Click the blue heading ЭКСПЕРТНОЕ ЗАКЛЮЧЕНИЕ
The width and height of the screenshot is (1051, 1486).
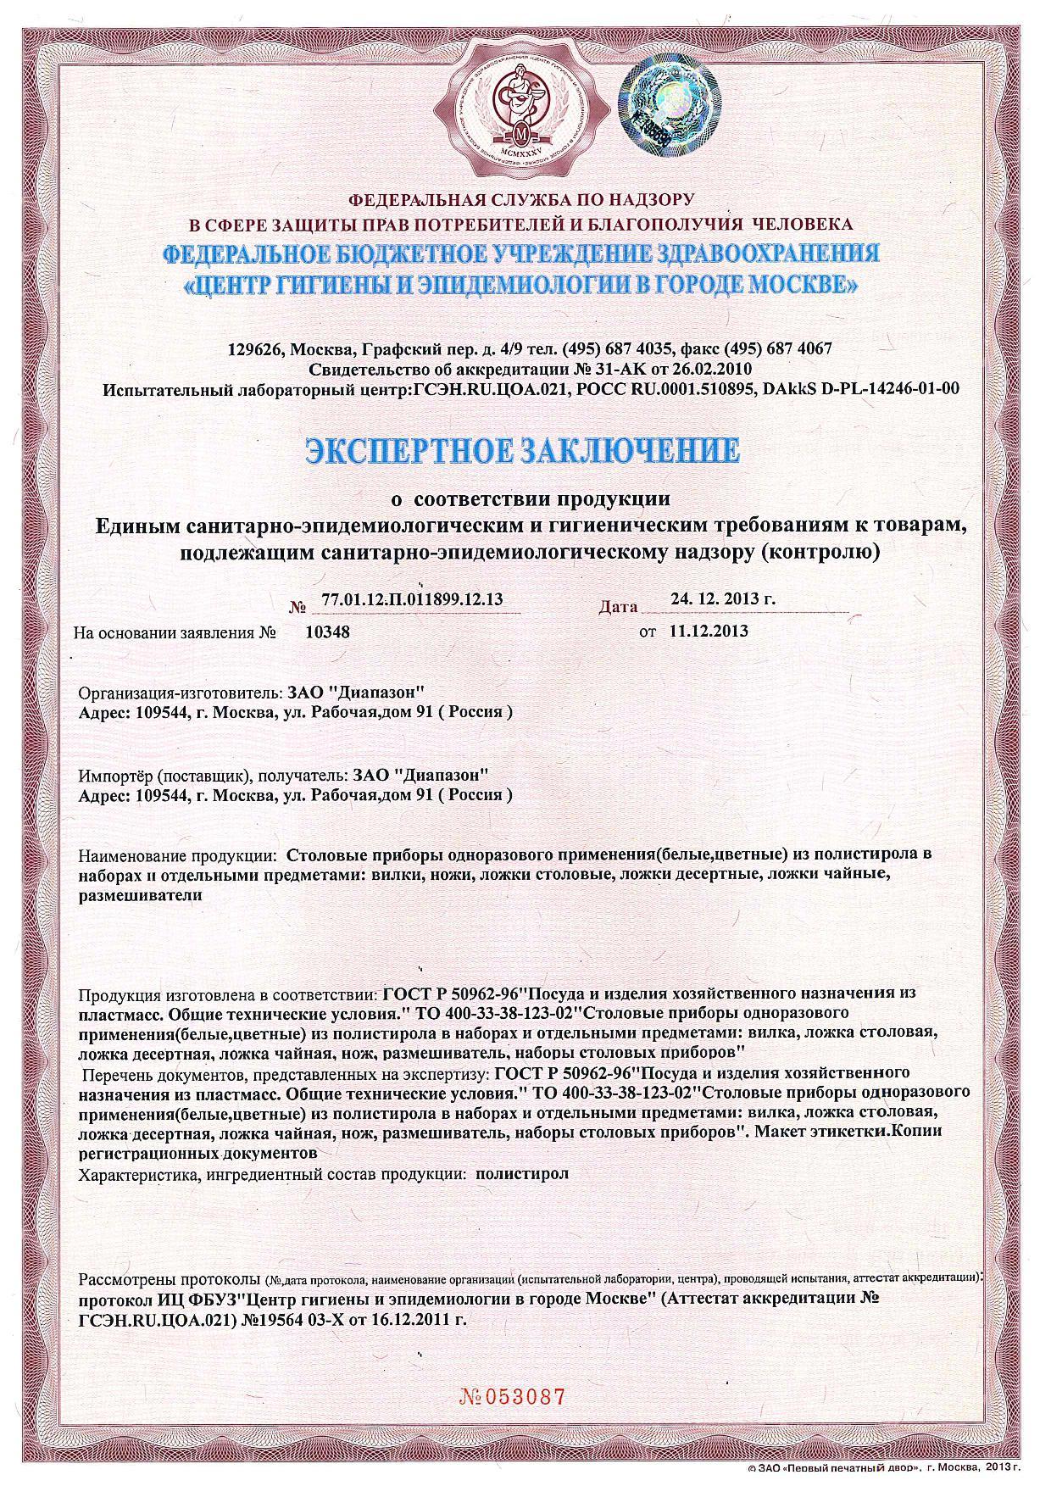pyautogui.click(x=522, y=449)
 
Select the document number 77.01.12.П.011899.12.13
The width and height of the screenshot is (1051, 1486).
pyautogui.click(x=413, y=600)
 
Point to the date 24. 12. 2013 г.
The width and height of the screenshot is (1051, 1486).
pyautogui.click(x=723, y=598)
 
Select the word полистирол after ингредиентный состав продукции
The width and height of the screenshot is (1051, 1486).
pyautogui.click(x=523, y=1175)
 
